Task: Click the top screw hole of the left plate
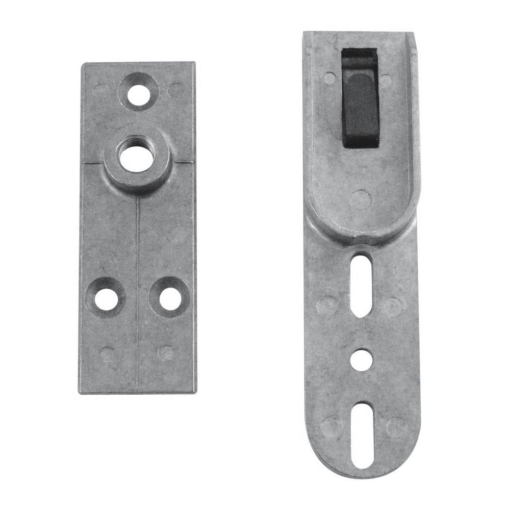pyautogui.click(x=138, y=95)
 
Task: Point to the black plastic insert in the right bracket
pyautogui.click(x=360, y=98)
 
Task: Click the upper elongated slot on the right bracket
pyautogui.click(x=361, y=286)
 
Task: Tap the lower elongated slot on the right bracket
pyautogui.click(x=361, y=435)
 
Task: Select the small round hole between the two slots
pyautogui.click(x=361, y=360)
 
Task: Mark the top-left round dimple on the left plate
pyautogui.click(x=101, y=91)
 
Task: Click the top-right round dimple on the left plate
pyautogui.click(x=176, y=90)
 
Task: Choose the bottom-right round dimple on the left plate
pyautogui.click(x=166, y=352)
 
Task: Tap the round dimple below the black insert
pyautogui.click(x=361, y=199)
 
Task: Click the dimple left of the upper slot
pyautogui.click(x=327, y=305)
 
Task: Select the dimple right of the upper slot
pyautogui.click(x=393, y=307)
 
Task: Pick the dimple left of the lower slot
pyautogui.click(x=330, y=426)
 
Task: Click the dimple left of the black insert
pyautogui.click(x=330, y=78)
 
